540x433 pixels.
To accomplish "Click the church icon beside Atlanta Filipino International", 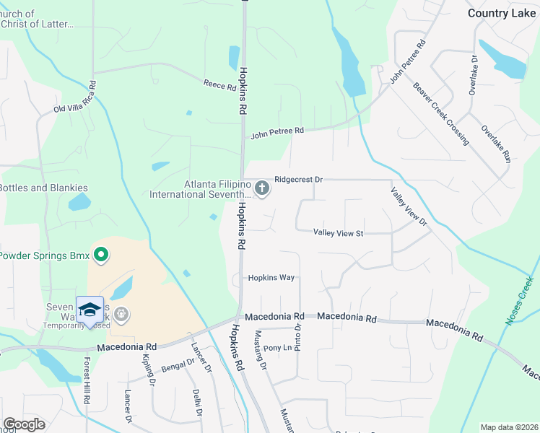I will tap(262, 189).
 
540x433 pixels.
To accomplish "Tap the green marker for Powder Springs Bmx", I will tap(102, 255).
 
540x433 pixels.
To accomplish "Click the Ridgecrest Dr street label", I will tap(298, 179).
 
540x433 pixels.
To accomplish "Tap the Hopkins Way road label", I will tap(271, 278).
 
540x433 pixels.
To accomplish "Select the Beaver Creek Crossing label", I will tap(441, 113).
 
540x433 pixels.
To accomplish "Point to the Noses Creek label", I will tap(519, 300).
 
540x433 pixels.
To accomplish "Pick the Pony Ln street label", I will tap(277, 348).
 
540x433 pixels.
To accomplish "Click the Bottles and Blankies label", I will tap(43, 188).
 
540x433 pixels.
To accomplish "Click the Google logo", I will tap(24, 424).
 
